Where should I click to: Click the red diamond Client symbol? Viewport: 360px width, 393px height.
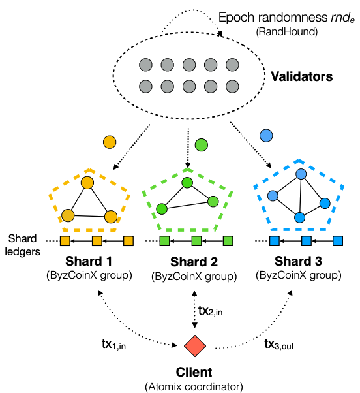(195, 346)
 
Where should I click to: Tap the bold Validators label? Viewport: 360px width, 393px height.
(302, 76)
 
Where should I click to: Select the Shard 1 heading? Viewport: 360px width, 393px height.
(89, 261)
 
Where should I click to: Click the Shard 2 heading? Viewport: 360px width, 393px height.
(194, 262)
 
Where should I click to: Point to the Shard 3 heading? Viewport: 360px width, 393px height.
(298, 261)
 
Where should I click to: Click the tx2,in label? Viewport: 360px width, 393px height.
(210, 311)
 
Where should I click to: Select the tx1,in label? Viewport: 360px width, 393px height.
(113, 344)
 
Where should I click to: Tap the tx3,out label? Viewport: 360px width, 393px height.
(279, 344)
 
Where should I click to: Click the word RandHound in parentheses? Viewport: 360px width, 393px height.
(287, 32)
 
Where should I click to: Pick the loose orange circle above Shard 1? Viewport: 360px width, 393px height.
(110, 142)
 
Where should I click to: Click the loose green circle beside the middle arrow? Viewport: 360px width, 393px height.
(202, 145)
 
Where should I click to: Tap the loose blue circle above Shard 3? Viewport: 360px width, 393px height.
(266, 136)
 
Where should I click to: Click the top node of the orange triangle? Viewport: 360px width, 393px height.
(87, 183)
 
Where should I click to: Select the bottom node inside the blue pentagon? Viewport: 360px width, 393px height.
(299, 217)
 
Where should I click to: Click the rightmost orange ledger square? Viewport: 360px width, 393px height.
(128, 241)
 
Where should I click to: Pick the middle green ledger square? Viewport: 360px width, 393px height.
(196, 241)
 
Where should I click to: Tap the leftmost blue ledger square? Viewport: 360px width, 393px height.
(275, 241)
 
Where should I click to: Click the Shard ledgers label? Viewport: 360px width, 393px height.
(23, 245)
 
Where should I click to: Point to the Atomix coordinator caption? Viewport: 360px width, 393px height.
(194, 386)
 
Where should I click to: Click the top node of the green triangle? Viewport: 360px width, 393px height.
(187, 183)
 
